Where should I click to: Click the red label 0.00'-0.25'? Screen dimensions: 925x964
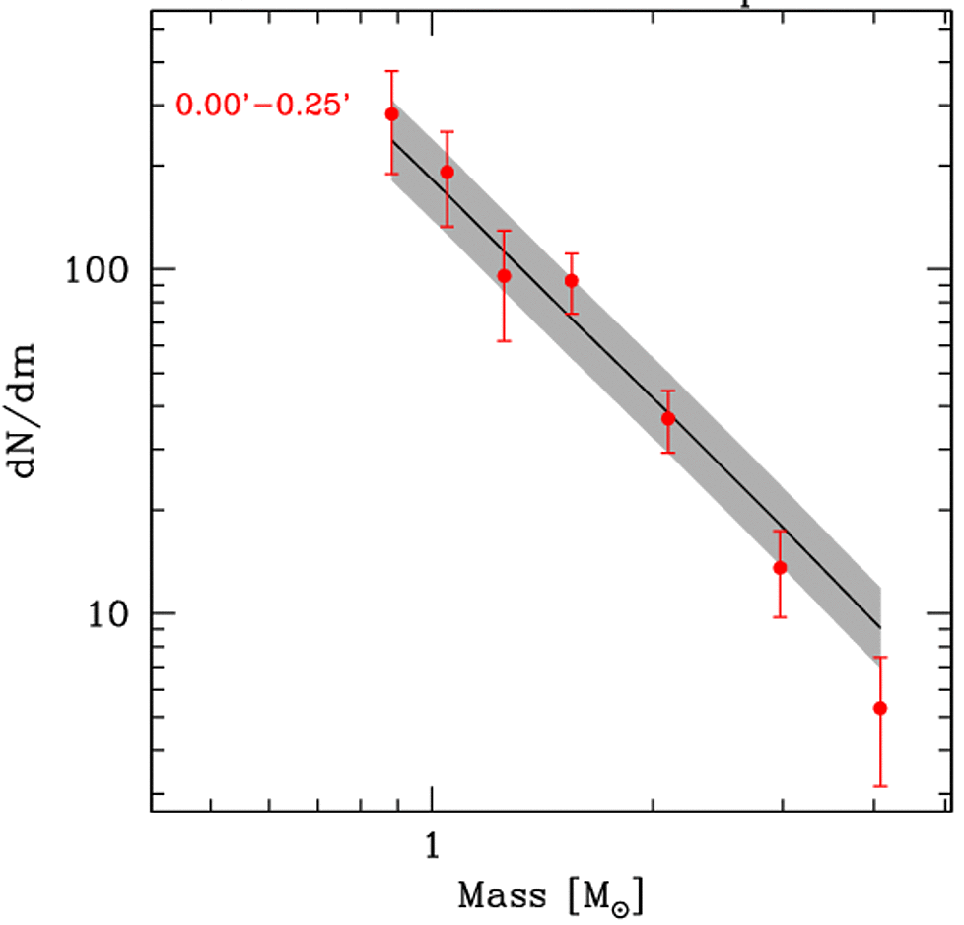tap(262, 104)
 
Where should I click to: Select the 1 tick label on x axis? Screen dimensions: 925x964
tap(431, 845)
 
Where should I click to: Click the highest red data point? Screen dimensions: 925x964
tap(391, 113)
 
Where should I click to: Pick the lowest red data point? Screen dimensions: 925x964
tap(880, 708)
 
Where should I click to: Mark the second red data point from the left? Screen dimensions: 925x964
tap(447, 172)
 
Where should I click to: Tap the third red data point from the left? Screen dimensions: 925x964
tap(504, 276)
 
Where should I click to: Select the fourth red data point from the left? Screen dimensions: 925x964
tap(571, 280)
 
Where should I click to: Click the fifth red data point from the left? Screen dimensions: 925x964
tap(668, 418)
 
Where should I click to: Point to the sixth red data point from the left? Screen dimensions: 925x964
tap(780, 567)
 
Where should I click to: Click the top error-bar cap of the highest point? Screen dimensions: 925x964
tap(391, 71)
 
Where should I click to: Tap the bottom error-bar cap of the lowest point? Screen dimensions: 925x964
tap(880, 786)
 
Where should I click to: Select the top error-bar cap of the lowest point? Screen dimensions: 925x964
tap(880, 657)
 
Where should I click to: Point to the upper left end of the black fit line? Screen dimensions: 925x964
tap(392, 141)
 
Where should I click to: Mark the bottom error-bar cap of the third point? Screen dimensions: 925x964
tap(504, 341)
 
